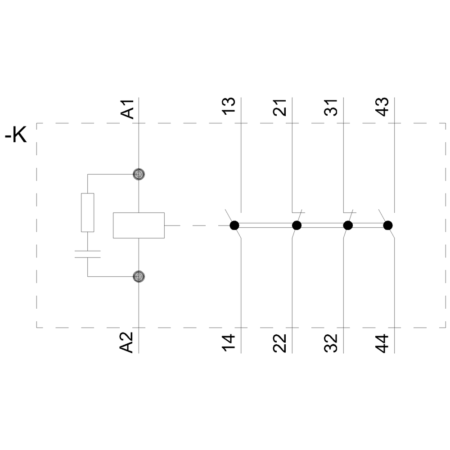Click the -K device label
[x=16, y=135]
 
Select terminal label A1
[x=128, y=109]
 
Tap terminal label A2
[x=128, y=342]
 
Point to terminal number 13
[x=230, y=107]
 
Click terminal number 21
[x=280, y=107]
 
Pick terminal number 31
[x=332, y=107]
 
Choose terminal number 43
[x=382, y=107]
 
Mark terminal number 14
[x=230, y=343]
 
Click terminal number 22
[x=280, y=343]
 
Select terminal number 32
[x=332, y=343]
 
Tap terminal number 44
[x=382, y=343]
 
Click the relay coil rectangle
[x=139, y=225]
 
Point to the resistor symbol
[x=87, y=212]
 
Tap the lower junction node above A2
[x=139, y=276]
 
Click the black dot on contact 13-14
[x=234, y=225]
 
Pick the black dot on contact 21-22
[x=297, y=225]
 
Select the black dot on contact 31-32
[x=348, y=225]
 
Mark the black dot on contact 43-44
[x=387, y=225]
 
